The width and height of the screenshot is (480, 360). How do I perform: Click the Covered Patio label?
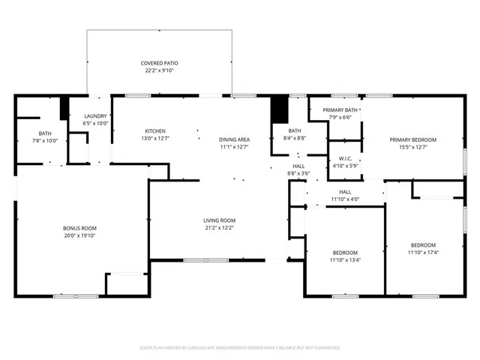point(160,63)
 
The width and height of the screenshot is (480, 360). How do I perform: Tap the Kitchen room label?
point(154,131)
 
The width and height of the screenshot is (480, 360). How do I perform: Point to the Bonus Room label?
point(79,228)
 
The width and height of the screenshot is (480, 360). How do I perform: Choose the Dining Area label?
point(234,139)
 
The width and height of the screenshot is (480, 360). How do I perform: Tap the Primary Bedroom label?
point(412,139)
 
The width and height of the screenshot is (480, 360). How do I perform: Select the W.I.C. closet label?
point(345,158)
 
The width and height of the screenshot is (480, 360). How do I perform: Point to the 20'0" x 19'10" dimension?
point(79,235)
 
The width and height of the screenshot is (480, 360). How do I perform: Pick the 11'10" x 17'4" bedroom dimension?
point(423,253)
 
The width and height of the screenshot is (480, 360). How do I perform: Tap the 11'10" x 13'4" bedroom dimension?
point(345,260)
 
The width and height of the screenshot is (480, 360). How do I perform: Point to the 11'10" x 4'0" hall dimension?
point(344,199)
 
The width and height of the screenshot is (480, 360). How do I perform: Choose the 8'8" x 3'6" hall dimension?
point(298,173)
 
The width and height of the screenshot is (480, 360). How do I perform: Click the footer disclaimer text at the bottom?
point(240,348)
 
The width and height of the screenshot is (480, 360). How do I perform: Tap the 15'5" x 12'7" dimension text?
point(412,147)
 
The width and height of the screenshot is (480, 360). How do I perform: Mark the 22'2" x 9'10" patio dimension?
point(160,70)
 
